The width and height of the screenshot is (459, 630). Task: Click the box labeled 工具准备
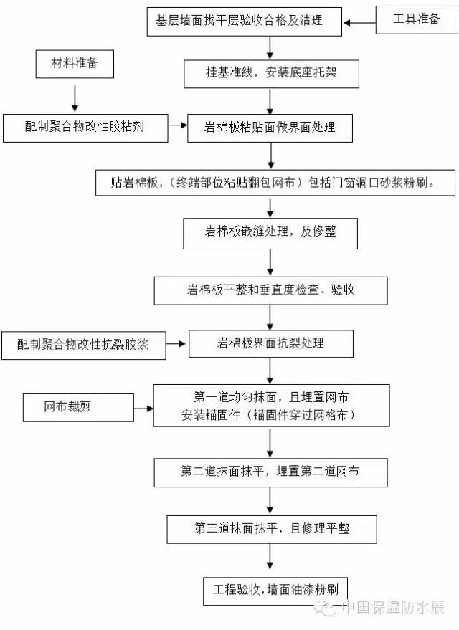pos(417,20)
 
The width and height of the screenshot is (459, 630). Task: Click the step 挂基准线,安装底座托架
pos(270,72)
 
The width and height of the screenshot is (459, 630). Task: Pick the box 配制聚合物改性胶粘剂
pos(84,127)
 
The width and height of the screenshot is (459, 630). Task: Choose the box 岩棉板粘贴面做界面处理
pos(270,127)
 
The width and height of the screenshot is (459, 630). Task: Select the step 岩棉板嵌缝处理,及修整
pos(270,232)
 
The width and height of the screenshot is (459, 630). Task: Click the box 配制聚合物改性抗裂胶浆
pos(84,345)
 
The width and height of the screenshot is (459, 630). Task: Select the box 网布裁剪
pos(67,407)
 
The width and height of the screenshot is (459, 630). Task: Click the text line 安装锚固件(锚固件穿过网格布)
pos(271,415)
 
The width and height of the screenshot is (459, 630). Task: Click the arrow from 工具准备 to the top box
pos(360,22)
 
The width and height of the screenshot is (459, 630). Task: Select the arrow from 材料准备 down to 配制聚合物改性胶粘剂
pos(75,95)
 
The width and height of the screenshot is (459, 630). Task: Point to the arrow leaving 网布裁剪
pos(131,409)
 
